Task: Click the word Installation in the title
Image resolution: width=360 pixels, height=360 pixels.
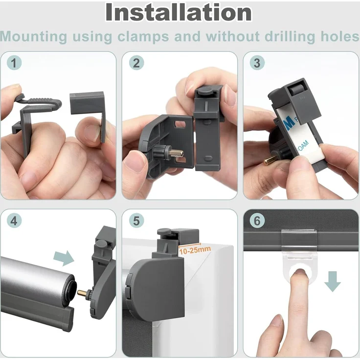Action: pos(179,13)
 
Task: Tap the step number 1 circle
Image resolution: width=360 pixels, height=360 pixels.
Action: pos(14,63)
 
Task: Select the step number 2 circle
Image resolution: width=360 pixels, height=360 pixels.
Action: pos(136,63)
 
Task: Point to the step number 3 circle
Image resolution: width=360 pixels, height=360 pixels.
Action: pos(257,63)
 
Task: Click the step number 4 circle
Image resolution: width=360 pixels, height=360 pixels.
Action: pos(14,221)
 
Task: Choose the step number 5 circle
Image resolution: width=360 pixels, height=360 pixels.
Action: pos(136,221)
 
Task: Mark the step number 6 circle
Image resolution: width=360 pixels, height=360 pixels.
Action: pos(257,221)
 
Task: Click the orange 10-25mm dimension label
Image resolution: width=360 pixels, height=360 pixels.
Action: pos(195,250)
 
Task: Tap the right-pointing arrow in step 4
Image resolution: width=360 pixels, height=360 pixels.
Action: pos(64,258)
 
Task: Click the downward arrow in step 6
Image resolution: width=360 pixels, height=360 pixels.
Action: pos(333,281)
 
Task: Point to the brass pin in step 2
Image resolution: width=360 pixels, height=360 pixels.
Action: pos(177,152)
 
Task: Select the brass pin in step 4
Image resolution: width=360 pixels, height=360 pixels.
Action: pos(82,293)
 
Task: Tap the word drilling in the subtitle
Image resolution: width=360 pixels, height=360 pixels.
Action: pos(290,37)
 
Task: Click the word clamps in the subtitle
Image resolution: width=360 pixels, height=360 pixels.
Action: pos(143,37)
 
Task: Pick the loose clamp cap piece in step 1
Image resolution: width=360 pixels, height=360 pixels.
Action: pos(89,110)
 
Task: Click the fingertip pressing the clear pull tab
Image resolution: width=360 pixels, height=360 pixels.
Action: pos(299,274)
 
